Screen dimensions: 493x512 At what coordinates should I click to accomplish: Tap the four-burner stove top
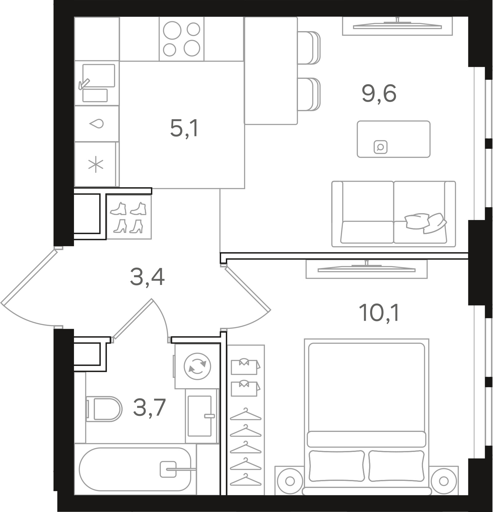click(x=181, y=39)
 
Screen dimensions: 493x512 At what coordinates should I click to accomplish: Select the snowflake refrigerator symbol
click(x=96, y=165)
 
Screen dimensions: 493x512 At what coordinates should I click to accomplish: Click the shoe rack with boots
click(x=128, y=217)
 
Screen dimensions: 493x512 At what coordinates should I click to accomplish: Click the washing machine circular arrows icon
click(x=197, y=366)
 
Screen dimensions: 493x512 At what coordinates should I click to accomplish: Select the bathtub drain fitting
click(x=168, y=469)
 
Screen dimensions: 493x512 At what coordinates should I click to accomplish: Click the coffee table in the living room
click(x=393, y=139)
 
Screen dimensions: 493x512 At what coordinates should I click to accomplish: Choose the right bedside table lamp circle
click(x=444, y=481)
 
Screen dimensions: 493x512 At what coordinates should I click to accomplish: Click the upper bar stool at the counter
click(x=309, y=48)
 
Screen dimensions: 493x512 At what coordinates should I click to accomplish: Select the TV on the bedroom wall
click(x=366, y=269)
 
